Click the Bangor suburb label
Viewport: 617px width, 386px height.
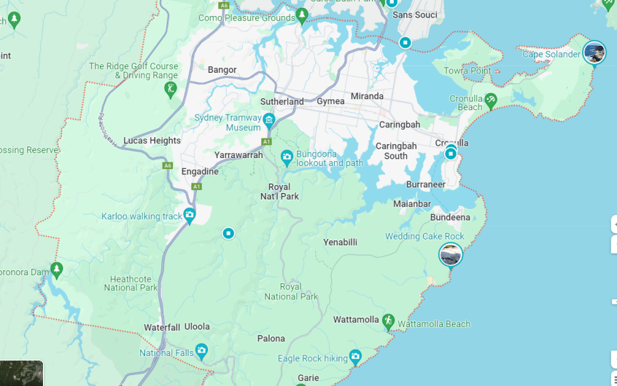[x=222, y=70]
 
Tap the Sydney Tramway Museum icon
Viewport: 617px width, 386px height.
[x=269, y=120]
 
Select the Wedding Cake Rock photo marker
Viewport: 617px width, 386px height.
[x=451, y=255]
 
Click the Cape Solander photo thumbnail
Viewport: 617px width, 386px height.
[x=594, y=52]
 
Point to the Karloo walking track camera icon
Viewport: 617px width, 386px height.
[x=190, y=215]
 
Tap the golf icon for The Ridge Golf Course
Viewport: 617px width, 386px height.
[x=171, y=90]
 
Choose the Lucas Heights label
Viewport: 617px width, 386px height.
[x=152, y=141]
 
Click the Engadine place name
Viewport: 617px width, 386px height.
[x=200, y=172]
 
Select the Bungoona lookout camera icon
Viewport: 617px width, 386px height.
[x=287, y=157]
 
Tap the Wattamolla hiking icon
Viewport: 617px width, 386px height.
[x=388, y=320]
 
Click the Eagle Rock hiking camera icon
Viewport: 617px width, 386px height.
[x=355, y=357]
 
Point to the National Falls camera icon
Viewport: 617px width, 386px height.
[x=201, y=351]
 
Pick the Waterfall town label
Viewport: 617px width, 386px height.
[x=162, y=328]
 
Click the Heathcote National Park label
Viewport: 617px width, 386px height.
[x=131, y=283]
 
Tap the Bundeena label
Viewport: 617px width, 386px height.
[x=450, y=217]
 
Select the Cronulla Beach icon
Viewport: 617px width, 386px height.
[x=491, y=100]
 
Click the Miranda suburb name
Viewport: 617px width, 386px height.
[x=367, y=96]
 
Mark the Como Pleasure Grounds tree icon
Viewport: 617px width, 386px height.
[x=303, y=16]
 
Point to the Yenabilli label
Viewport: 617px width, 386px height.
[x=340, y=242]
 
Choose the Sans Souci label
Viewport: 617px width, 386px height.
[x=415, y=15]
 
